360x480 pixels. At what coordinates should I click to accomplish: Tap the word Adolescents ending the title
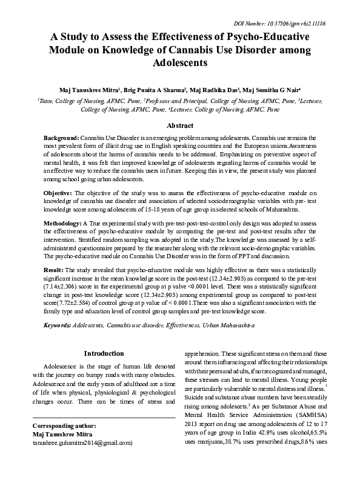(180, 62)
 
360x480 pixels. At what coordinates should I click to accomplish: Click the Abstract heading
(180, 125)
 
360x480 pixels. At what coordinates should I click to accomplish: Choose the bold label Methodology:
(65, 224)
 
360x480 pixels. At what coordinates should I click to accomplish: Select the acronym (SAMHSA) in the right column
(311, 434)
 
